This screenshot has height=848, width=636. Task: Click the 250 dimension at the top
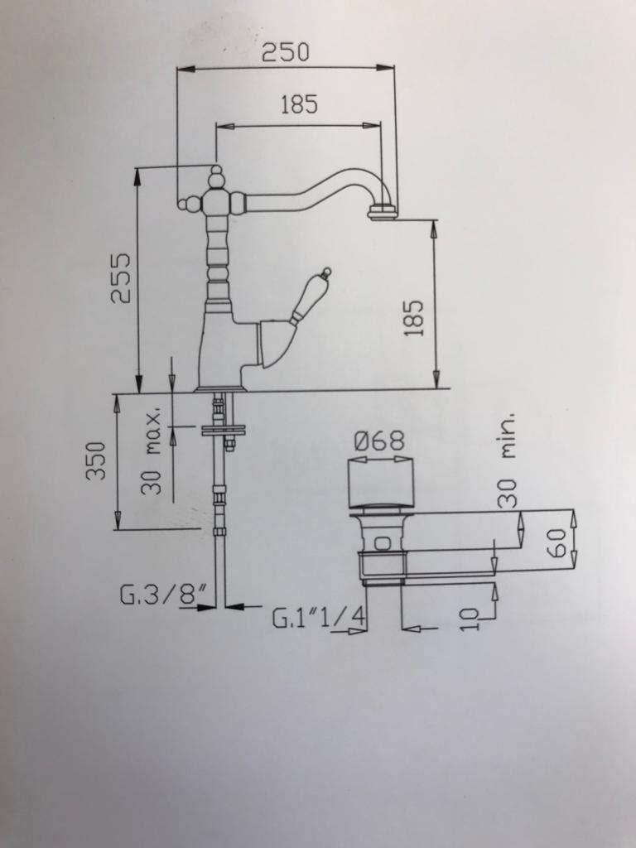pyautogui.click(x=286, y=53)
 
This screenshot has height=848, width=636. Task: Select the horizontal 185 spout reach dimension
pyautogui.click(x=298, y=105)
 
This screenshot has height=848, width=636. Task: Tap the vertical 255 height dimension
pyautogui.click(x=121, y=277)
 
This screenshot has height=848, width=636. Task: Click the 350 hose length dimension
pyautogui.click(x=97, y=460)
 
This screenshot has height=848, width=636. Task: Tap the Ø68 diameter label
pyautogui.click(x=379, y=441)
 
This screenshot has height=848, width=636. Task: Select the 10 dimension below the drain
pyautogui.click(x=469, y=618)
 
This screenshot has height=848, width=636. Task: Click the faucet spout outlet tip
pyautogui.click(x=383, y=213)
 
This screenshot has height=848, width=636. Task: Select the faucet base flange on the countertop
pyautogui.click(x=220, y=387)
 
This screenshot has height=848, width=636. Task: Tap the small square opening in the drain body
pyautogui.click(x=382, y=544)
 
